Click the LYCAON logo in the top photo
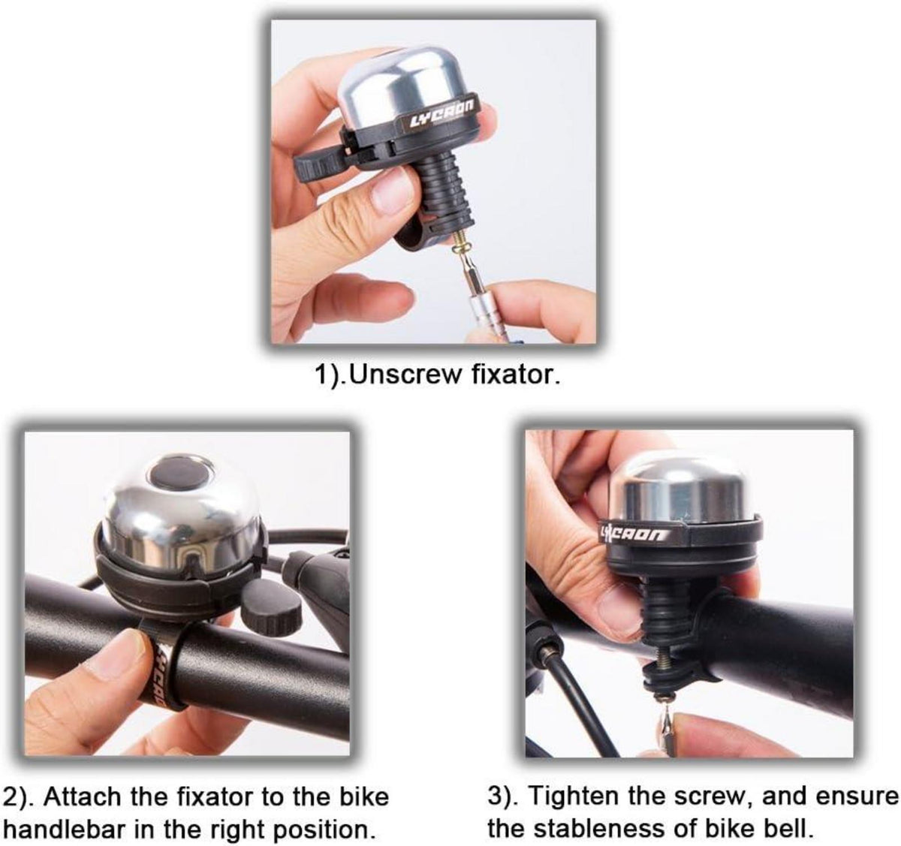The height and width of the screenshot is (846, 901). click(x=442, y=113)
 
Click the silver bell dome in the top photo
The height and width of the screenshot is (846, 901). click(x=403, y=86)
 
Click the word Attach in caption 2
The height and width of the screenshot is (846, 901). click(x=81, y=796)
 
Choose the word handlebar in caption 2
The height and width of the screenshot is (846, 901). click(x=64, y=830)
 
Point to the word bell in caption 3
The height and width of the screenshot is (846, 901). click(x=792, y=829)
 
